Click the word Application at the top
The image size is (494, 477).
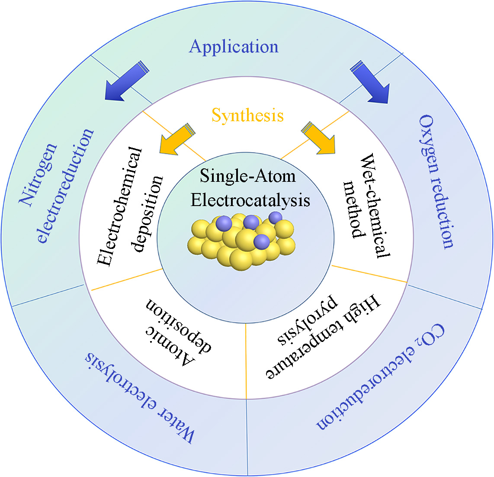pyautogui.click(x=234, y=46)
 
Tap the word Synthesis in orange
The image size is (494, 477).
pyautogui.click(x=247, y=115)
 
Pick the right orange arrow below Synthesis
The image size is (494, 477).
pyautogui.click(x=320, y=139)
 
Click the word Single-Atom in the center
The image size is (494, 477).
pyautogui.click(x=247, y=176)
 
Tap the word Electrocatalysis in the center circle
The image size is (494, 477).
pyautogui.click(x=250, y=200)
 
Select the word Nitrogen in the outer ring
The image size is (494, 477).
pyautogui.click(x=38, y=173)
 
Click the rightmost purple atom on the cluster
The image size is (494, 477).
pyautogui.click(x=275, y=217)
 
